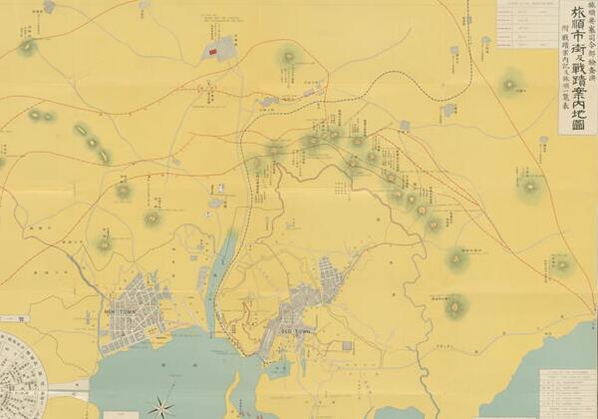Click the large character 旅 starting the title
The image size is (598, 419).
(578, 14)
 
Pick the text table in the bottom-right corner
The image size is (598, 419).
(567, 394)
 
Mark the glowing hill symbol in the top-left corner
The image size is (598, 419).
(27, 47)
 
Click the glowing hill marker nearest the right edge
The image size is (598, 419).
(562, 265)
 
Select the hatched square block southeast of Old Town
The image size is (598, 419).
(346, 345)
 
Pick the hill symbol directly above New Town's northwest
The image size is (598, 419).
(104, 243)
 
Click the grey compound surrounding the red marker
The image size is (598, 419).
(221, 47)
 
